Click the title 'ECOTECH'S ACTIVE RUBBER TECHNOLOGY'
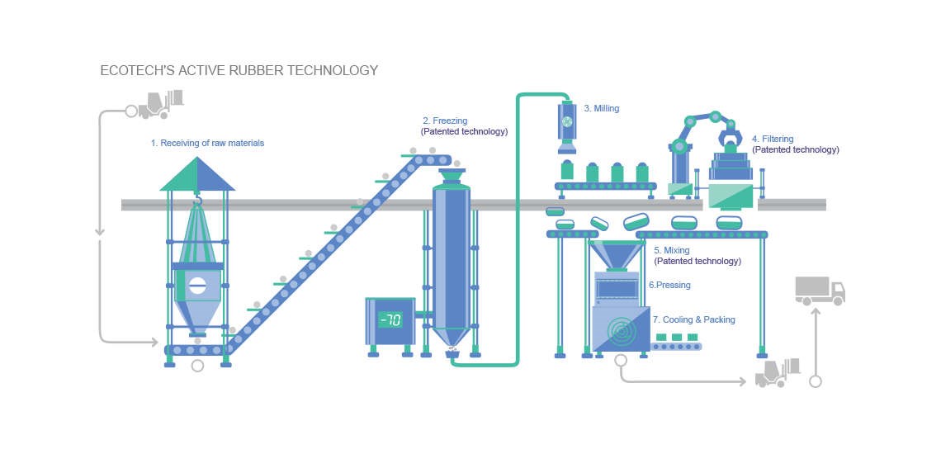(x=239, y=71)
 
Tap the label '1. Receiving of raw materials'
(x=207, y=143)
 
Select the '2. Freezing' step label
(x=445, y=121)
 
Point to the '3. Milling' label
(x=601, y=108)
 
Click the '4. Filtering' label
(x=772, y=140)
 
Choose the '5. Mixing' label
(x=671, y=250)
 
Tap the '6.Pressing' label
(x=669, y=285)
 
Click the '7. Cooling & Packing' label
(x=693, y=319)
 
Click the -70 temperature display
(x=390, y=319)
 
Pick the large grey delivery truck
(x=820, y=291)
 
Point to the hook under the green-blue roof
(x=197, y=201)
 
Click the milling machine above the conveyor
(x=567, y=124)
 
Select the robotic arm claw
(x=731, y=135)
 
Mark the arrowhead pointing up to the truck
(x=816, y=311)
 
